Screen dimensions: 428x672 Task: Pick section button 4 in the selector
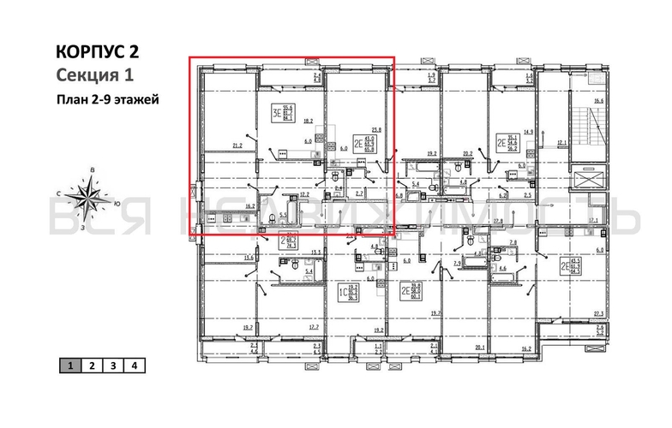133,366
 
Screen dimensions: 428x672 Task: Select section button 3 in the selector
112,366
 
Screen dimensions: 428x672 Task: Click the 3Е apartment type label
276,112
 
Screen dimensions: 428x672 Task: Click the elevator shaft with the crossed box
591,181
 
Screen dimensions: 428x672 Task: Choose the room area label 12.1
560,142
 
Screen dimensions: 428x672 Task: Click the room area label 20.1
477,348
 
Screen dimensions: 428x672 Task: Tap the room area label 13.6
249,257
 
